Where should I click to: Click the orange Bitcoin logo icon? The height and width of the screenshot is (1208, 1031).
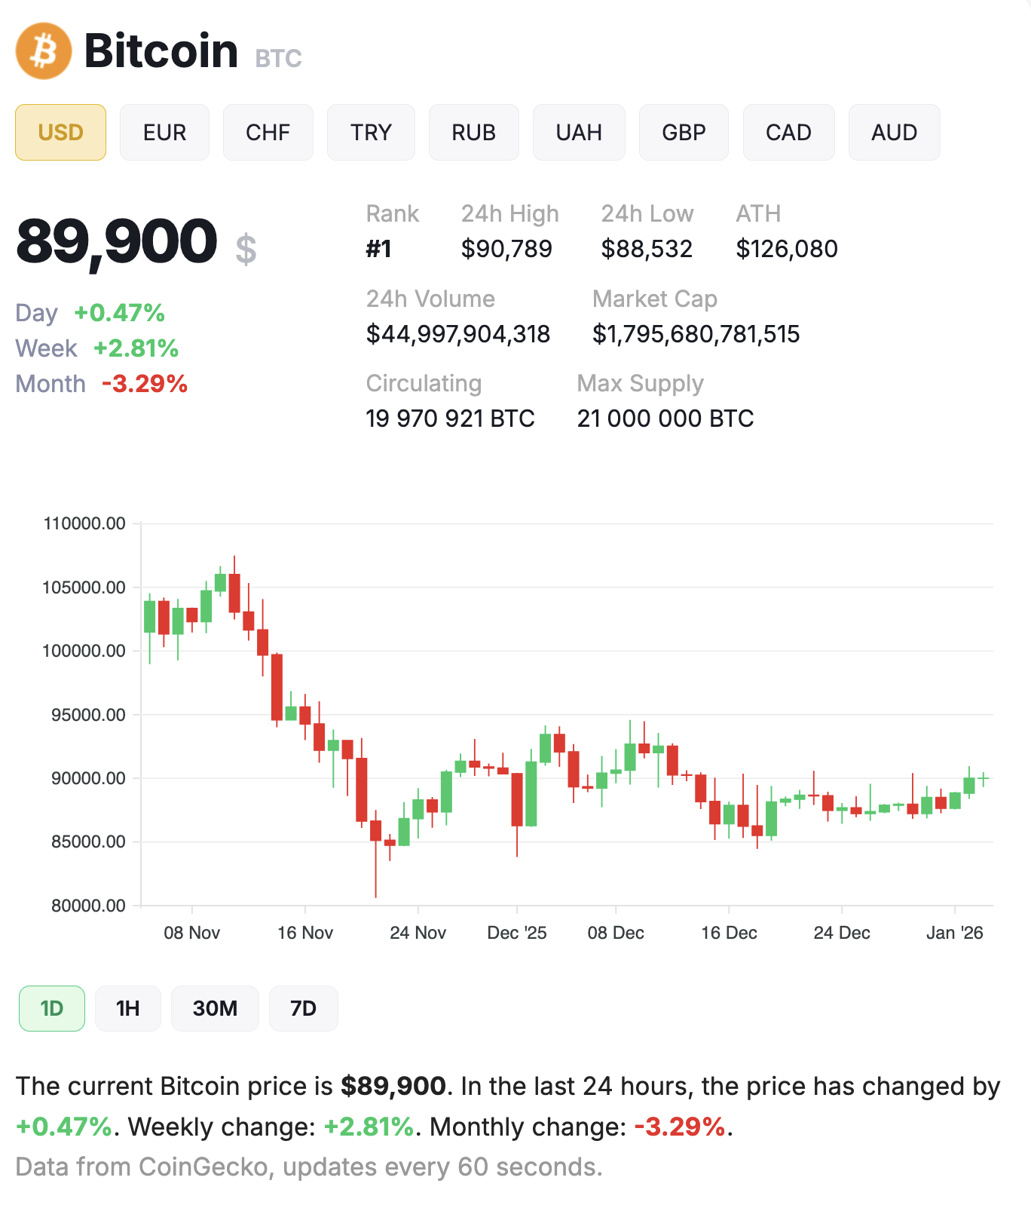(x=44, y=51)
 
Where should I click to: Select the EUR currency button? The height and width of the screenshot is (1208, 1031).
(x=164, y=133)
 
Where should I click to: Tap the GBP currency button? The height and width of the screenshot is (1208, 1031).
(x=684, y=133)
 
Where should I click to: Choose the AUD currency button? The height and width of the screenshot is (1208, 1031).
(x=894, y=133)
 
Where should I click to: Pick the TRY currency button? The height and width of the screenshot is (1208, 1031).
(x=371, y=133)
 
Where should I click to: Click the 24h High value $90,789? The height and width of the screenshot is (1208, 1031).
(x=506, y=249)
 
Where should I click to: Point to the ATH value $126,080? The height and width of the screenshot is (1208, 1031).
(x=786, y=249)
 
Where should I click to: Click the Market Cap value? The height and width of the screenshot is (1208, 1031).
(x=696, y=334)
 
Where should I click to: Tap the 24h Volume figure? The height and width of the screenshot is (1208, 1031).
(x=457, y=334)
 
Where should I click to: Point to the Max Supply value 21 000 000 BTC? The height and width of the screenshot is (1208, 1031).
(x=665, y=419)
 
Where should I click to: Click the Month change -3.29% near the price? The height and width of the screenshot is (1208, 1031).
(x=144, y=384)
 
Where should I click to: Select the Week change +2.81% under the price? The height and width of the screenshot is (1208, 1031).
(x=136, y=348)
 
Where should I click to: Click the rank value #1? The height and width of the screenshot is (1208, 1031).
(x=378, y=249)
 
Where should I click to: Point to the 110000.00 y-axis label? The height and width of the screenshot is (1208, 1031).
(x=84, y=523)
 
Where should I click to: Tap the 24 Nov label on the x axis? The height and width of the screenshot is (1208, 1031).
(x=418, y=933)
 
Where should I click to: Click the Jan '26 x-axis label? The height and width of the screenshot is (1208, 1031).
(x=954, y=933)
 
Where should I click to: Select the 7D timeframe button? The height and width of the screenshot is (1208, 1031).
(x=303, y=1008)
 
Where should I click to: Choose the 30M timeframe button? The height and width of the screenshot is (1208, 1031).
(x=215, y=1008)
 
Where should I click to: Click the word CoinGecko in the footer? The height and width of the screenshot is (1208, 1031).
(x=203, y=1167)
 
